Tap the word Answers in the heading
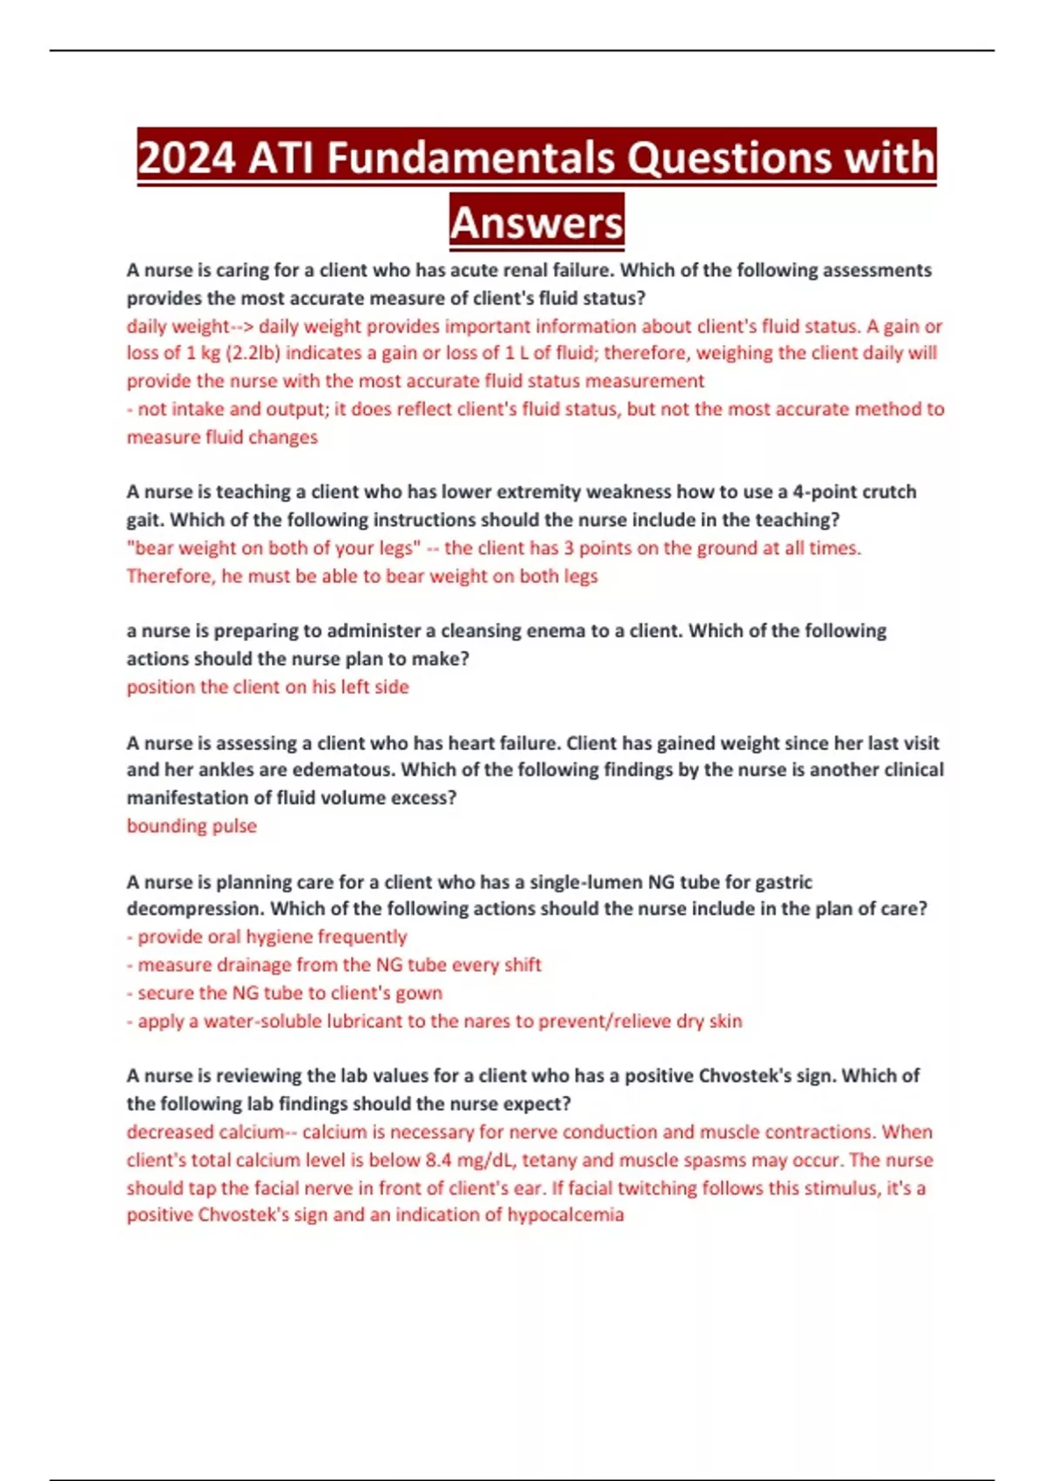(537, 223)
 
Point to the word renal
(527, 270)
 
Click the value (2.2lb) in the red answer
(241, 353)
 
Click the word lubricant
(376, 1021)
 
